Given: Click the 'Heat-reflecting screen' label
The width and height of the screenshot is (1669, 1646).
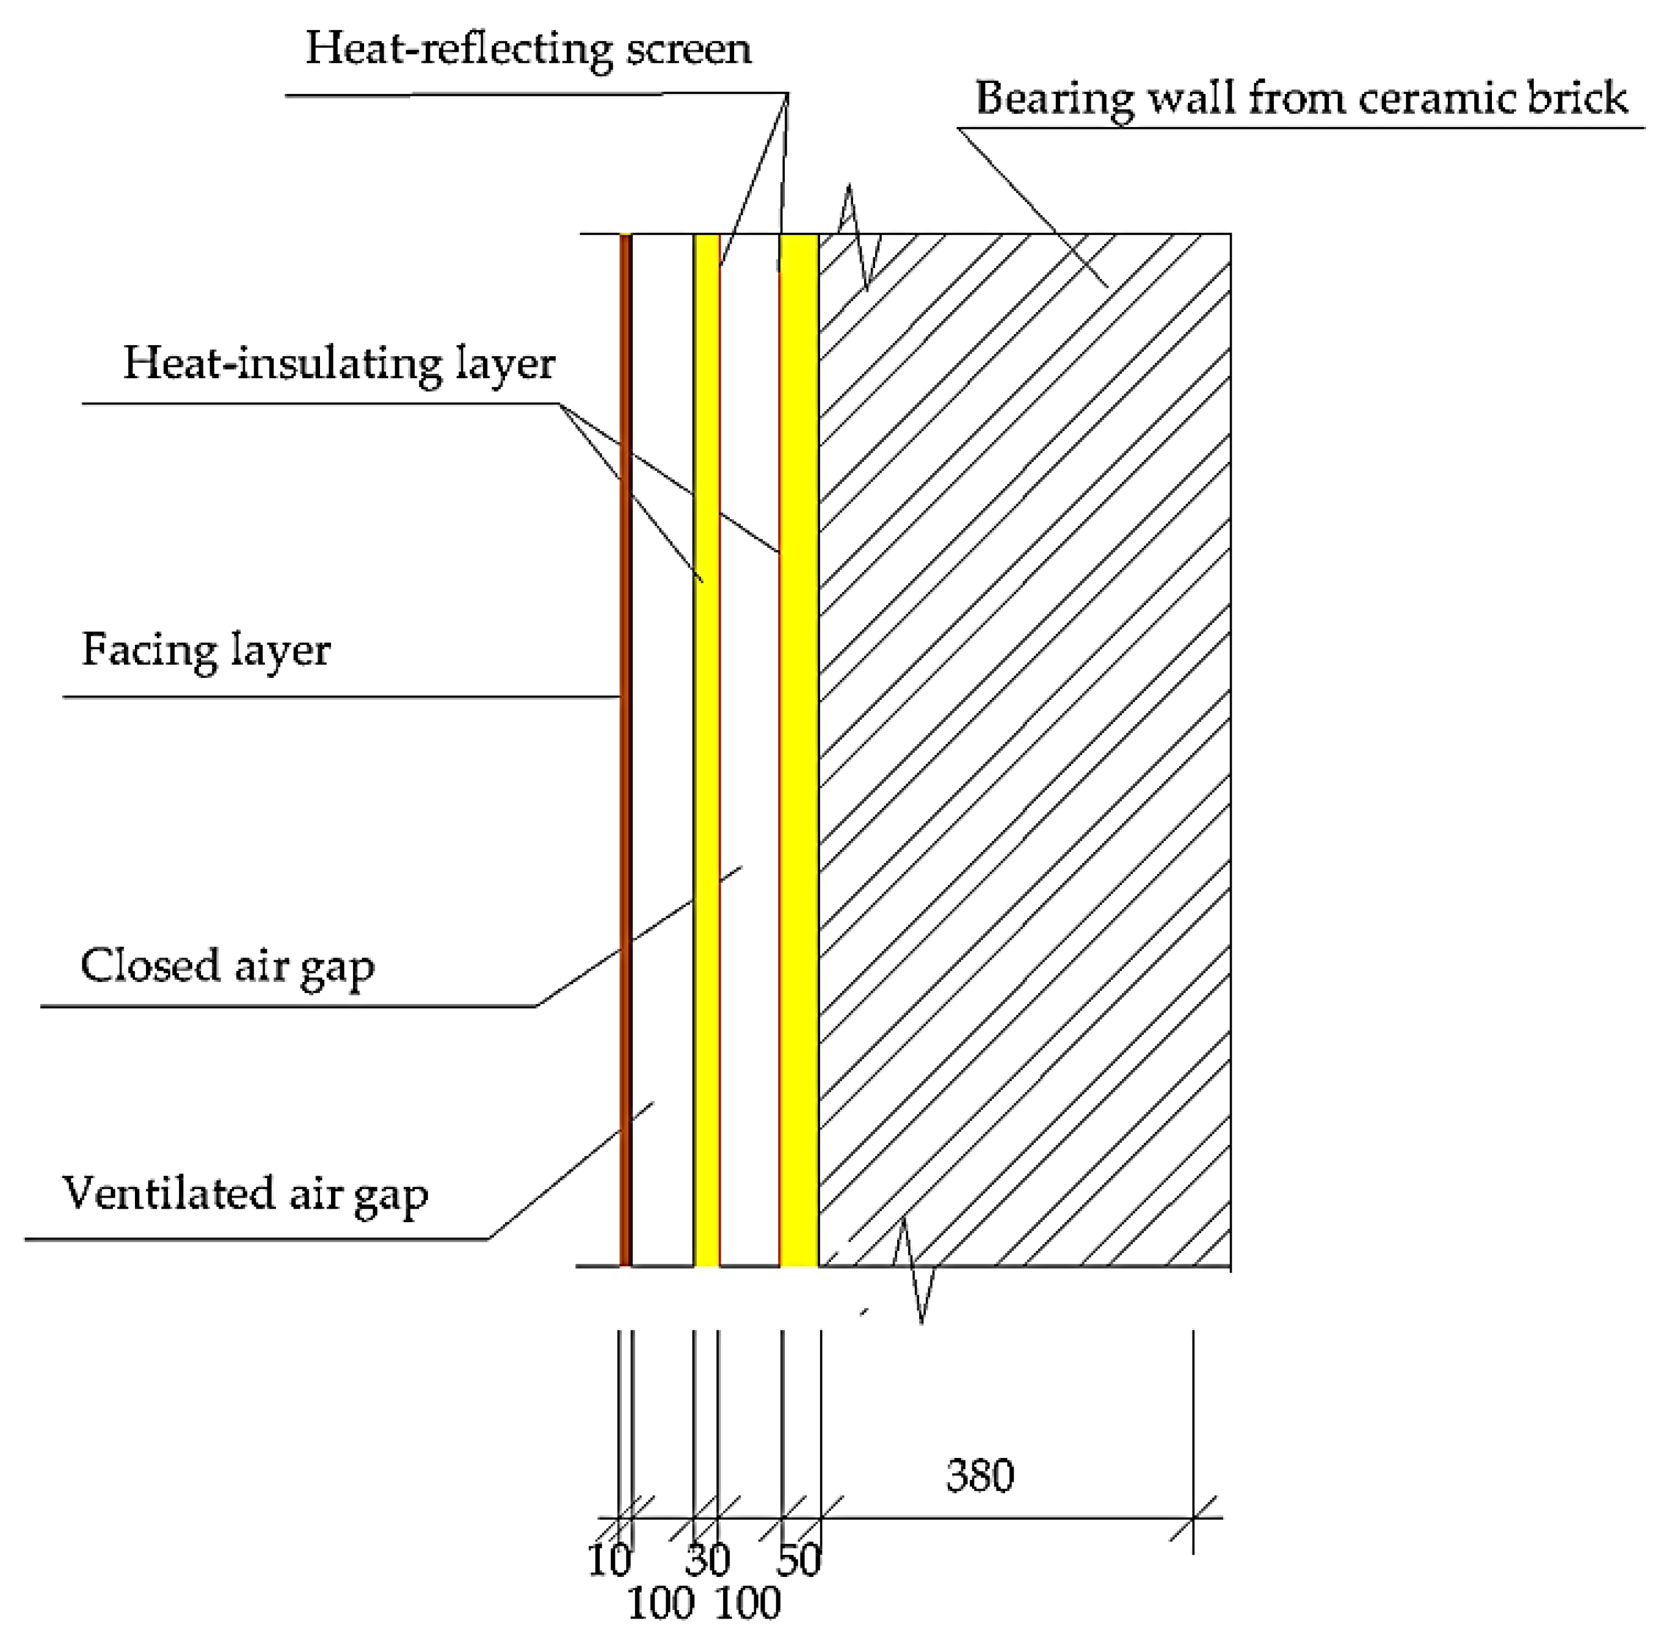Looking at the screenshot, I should click(x=528, y=49).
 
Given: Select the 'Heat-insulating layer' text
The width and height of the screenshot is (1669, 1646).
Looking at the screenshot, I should click(x=339, y=363).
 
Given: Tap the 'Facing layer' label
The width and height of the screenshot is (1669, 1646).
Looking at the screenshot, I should click(x=206, y=650).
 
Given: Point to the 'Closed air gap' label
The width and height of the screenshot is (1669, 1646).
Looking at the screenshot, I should click(x=227, y=966).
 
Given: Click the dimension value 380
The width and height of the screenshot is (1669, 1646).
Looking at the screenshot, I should click(x=980, y=1476).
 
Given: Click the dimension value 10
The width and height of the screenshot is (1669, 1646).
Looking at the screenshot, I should click(x=609, y=1560).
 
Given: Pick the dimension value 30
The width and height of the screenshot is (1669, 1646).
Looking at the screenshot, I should click(x=708, y=1560).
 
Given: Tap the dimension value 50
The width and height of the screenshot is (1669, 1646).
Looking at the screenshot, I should click(x=798, y=1560).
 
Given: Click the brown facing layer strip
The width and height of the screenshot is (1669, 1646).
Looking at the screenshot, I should click(x=625, y=752).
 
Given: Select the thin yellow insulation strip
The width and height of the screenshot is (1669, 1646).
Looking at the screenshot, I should click(x=707, y=752).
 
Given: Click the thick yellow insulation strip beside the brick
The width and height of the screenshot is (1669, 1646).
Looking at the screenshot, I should click(x=799, y=752).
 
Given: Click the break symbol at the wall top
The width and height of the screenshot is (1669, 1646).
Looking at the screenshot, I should click(x=858, y=235).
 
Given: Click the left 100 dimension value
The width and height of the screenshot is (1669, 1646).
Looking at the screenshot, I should click(x=661, y=1604).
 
